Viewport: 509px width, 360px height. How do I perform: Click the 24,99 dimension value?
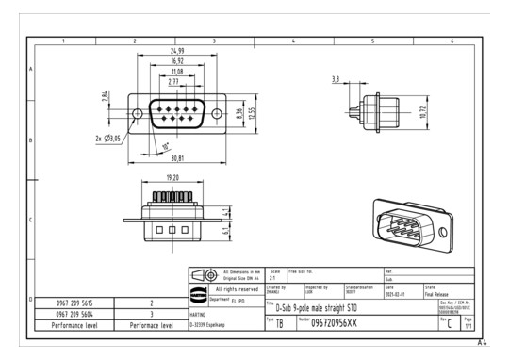coord(175,49)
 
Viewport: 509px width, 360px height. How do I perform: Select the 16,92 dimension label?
coord(175,60)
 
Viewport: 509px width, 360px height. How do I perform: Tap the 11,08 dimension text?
coord(175,72)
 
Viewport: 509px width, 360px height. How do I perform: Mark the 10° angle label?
coord(167,146)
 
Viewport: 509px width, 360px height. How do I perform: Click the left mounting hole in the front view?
coord(138,114)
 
